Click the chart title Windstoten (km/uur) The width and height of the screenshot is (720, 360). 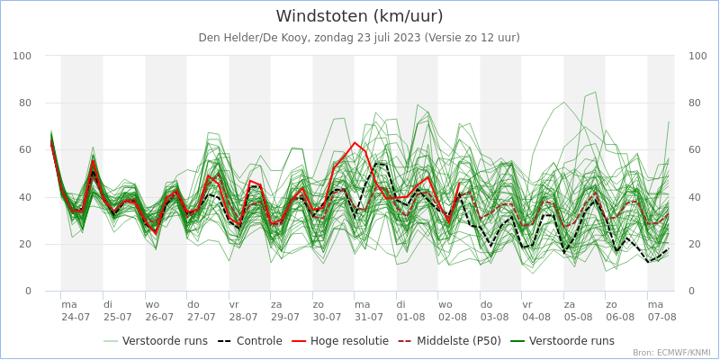tap(359, 16)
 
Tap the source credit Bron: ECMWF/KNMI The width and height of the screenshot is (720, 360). tap(670, 353)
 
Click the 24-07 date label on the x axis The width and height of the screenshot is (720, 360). tap(76, 317)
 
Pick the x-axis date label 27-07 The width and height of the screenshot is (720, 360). tap(202, 317)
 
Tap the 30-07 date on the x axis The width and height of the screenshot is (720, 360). tap(327, 317)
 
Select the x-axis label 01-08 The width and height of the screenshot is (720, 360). tap(410, 317)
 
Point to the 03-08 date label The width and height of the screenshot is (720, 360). tap(494, 317)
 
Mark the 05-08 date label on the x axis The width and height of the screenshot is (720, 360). tap(578, 317)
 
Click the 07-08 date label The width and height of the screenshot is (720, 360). tap(661, 317)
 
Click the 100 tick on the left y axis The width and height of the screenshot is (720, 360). tap(22, 57)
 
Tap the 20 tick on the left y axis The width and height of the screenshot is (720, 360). tap(26, 245)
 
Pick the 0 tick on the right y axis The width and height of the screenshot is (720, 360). tap(691, 292)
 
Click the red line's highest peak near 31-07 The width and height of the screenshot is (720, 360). tap(355, 142)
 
